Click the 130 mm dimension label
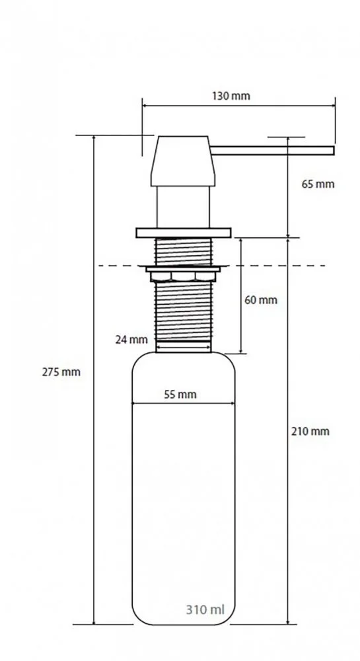click(231, 96)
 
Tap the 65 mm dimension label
click(318, 184)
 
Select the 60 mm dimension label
click(261, 300)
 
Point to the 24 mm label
click(131, 339)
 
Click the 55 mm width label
click(180, 395)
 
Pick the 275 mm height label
click(61, 372)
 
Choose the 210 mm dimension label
click(310, 431)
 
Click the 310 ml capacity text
click(205, 609)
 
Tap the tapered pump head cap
click(183, 161)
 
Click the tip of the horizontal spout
click(334, 151)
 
